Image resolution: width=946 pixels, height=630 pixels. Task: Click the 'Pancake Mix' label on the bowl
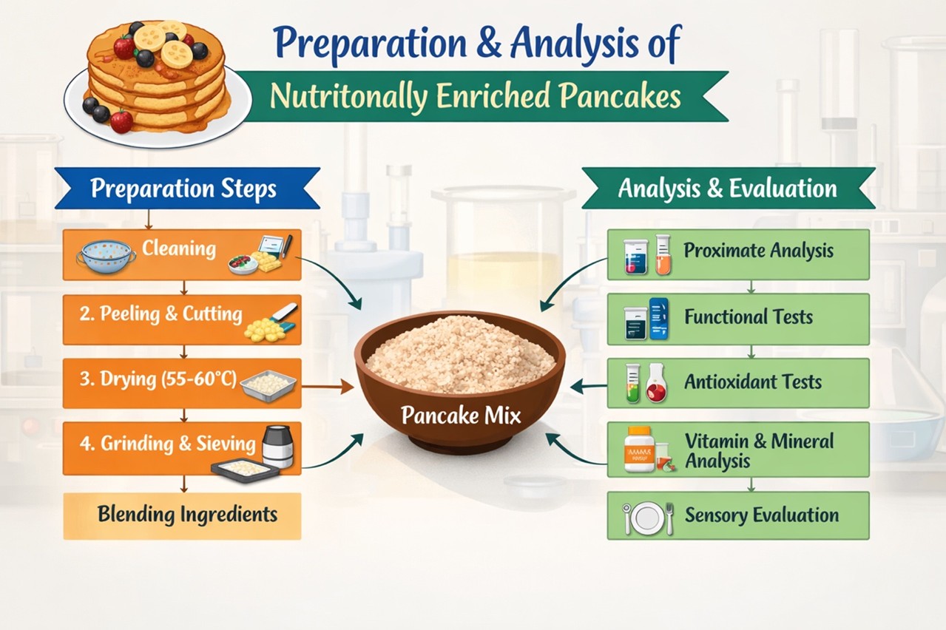pyautogui.click(x=461, y=416)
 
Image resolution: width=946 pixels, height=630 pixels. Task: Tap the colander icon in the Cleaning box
pyautogui.click(x=107, y=257)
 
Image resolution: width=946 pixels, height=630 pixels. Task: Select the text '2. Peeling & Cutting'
pyautogui.click(x=161, y=314)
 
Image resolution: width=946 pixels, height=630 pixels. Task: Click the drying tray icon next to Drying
pyautogui.click(x=268, y=385)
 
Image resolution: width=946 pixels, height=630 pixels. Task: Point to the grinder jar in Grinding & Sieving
pyautogui.click(x=277, y=446)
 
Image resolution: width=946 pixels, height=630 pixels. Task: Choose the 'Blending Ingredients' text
pyautogui.click(x=188, y=515)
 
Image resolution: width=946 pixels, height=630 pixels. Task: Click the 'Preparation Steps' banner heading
pyautogui.click(x=183, y=189)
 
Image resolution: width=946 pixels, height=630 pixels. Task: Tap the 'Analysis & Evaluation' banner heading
pyautogui.click(x=727, y=189)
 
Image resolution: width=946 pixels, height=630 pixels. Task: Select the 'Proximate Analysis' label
pyautogui.click(x=758, y=251)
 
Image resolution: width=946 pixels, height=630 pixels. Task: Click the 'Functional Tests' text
pyautogui.click(x=749, y=316)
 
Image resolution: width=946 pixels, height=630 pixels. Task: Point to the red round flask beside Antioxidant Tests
pyautogui.click(x=656, y=383)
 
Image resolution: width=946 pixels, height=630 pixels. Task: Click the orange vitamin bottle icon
pyautogui.click(x=639, y=449)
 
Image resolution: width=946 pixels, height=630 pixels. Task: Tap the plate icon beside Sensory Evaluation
pyautogui.click(x=646, y=518)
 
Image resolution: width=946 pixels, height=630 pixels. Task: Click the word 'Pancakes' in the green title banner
pyautogui.click(x=621, y=96)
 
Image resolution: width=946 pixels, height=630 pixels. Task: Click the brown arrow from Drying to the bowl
pyautogui.click(x=328, y=387)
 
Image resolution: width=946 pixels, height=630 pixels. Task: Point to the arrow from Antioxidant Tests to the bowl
pyautogui.click(x=589, y=386)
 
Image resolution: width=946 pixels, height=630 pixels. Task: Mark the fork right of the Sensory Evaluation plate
pyautogui.click(x=669, y=518)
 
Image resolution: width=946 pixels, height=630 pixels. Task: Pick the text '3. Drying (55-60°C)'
pyautogui.click(x=158, y=379)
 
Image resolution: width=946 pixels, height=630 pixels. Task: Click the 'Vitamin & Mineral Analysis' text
pyautogui.click(x=759, y=451)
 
